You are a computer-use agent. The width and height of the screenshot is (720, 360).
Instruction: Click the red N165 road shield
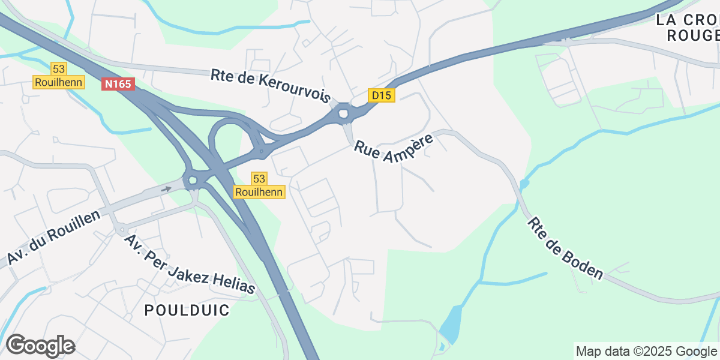(x=118, y=85)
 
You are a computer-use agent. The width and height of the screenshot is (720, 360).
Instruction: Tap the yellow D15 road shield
(x=382, y=95)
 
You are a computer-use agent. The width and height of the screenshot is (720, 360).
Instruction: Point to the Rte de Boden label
(x=565, y=248)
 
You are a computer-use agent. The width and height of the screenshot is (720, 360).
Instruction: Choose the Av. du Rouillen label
(x=53, y=238)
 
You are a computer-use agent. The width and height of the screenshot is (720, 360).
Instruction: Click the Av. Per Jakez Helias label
(x=190, y=264)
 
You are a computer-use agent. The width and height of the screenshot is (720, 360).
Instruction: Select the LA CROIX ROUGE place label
(x=688, y=28)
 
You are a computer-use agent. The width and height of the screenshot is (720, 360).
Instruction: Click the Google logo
(x=40, y=346)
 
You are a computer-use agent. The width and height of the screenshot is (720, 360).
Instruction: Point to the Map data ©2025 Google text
(x=646, y=351)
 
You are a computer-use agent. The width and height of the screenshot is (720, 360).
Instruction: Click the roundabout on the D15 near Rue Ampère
(x=343, y=113)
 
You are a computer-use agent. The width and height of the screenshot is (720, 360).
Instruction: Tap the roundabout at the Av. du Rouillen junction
(x=192, y=180)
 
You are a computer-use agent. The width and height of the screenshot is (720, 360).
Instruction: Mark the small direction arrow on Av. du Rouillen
(x=166, y=188)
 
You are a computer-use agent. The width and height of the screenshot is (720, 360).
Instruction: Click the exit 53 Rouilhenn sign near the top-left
(x=59, y=76)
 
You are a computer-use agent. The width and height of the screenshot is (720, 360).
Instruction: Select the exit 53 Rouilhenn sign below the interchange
(x=259, y=185)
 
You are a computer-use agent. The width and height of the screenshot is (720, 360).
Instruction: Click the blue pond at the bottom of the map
(x=451, y=325)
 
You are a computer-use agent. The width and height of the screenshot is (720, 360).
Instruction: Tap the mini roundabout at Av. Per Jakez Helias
(x=122, y=229)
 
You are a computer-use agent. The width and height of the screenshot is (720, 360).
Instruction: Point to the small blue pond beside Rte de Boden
(x=524, y=183)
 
